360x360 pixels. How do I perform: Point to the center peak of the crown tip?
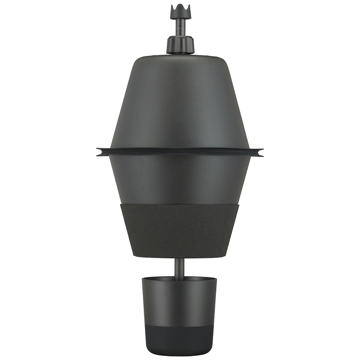[180, 6]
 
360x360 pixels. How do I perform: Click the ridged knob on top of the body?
[180, 45]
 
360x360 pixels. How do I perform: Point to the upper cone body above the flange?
[180, 101]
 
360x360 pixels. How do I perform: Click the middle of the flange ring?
[180, 152]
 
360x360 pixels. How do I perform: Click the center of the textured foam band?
[180, 230]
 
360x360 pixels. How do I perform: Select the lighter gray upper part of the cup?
[180, 302]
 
